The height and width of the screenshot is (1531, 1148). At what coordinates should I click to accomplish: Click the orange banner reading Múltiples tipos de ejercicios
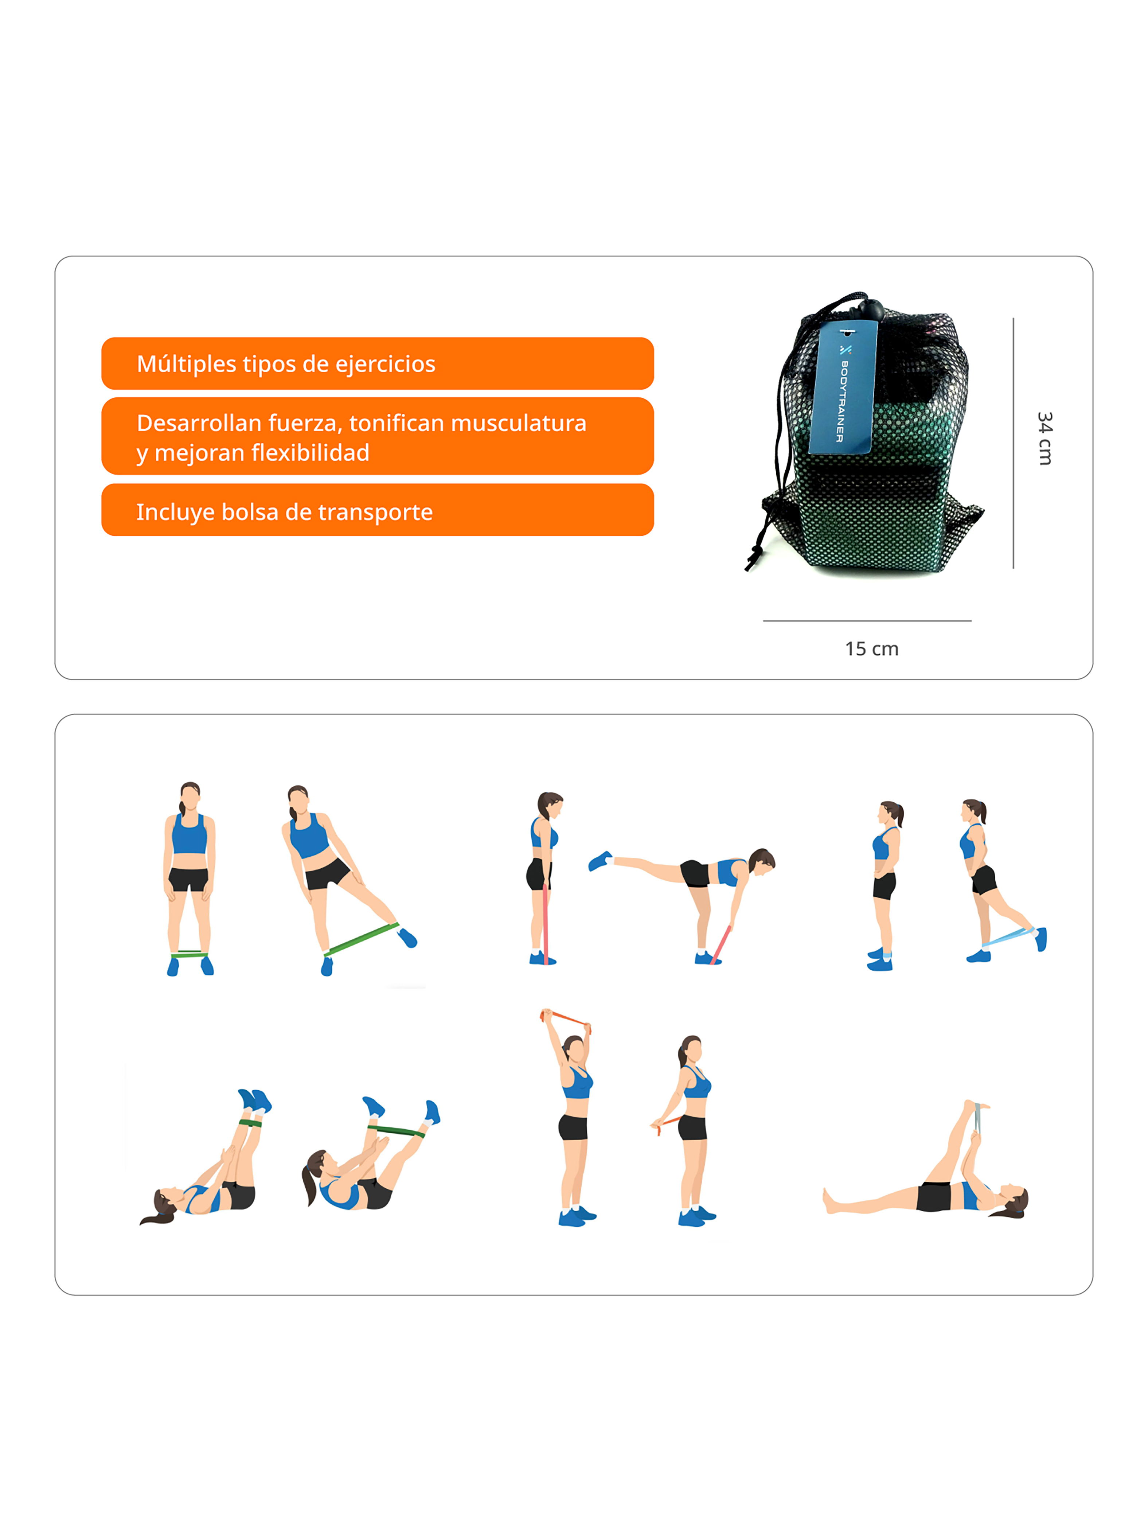click(x=377, y=363)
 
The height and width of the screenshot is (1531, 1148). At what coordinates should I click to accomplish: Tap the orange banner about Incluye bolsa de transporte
click(x=377, y=510)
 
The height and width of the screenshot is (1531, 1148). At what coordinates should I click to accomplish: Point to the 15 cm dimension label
click(x=871, y=648)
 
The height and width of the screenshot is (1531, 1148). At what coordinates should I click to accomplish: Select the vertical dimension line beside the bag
click(x=1013, y=443)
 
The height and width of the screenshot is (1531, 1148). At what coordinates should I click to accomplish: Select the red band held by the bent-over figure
click(x=721, y=943)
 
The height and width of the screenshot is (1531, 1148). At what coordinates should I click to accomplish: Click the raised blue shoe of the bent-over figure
click(x=599, y=861)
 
